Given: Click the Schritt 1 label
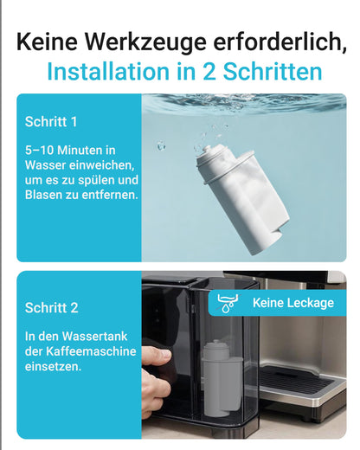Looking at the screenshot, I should point(51,121).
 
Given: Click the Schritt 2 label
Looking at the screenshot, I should point(51,307).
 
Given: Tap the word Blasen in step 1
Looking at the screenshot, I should point(48,195).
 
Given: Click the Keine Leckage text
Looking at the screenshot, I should point(292,303).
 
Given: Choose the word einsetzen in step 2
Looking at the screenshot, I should point(55,368).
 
